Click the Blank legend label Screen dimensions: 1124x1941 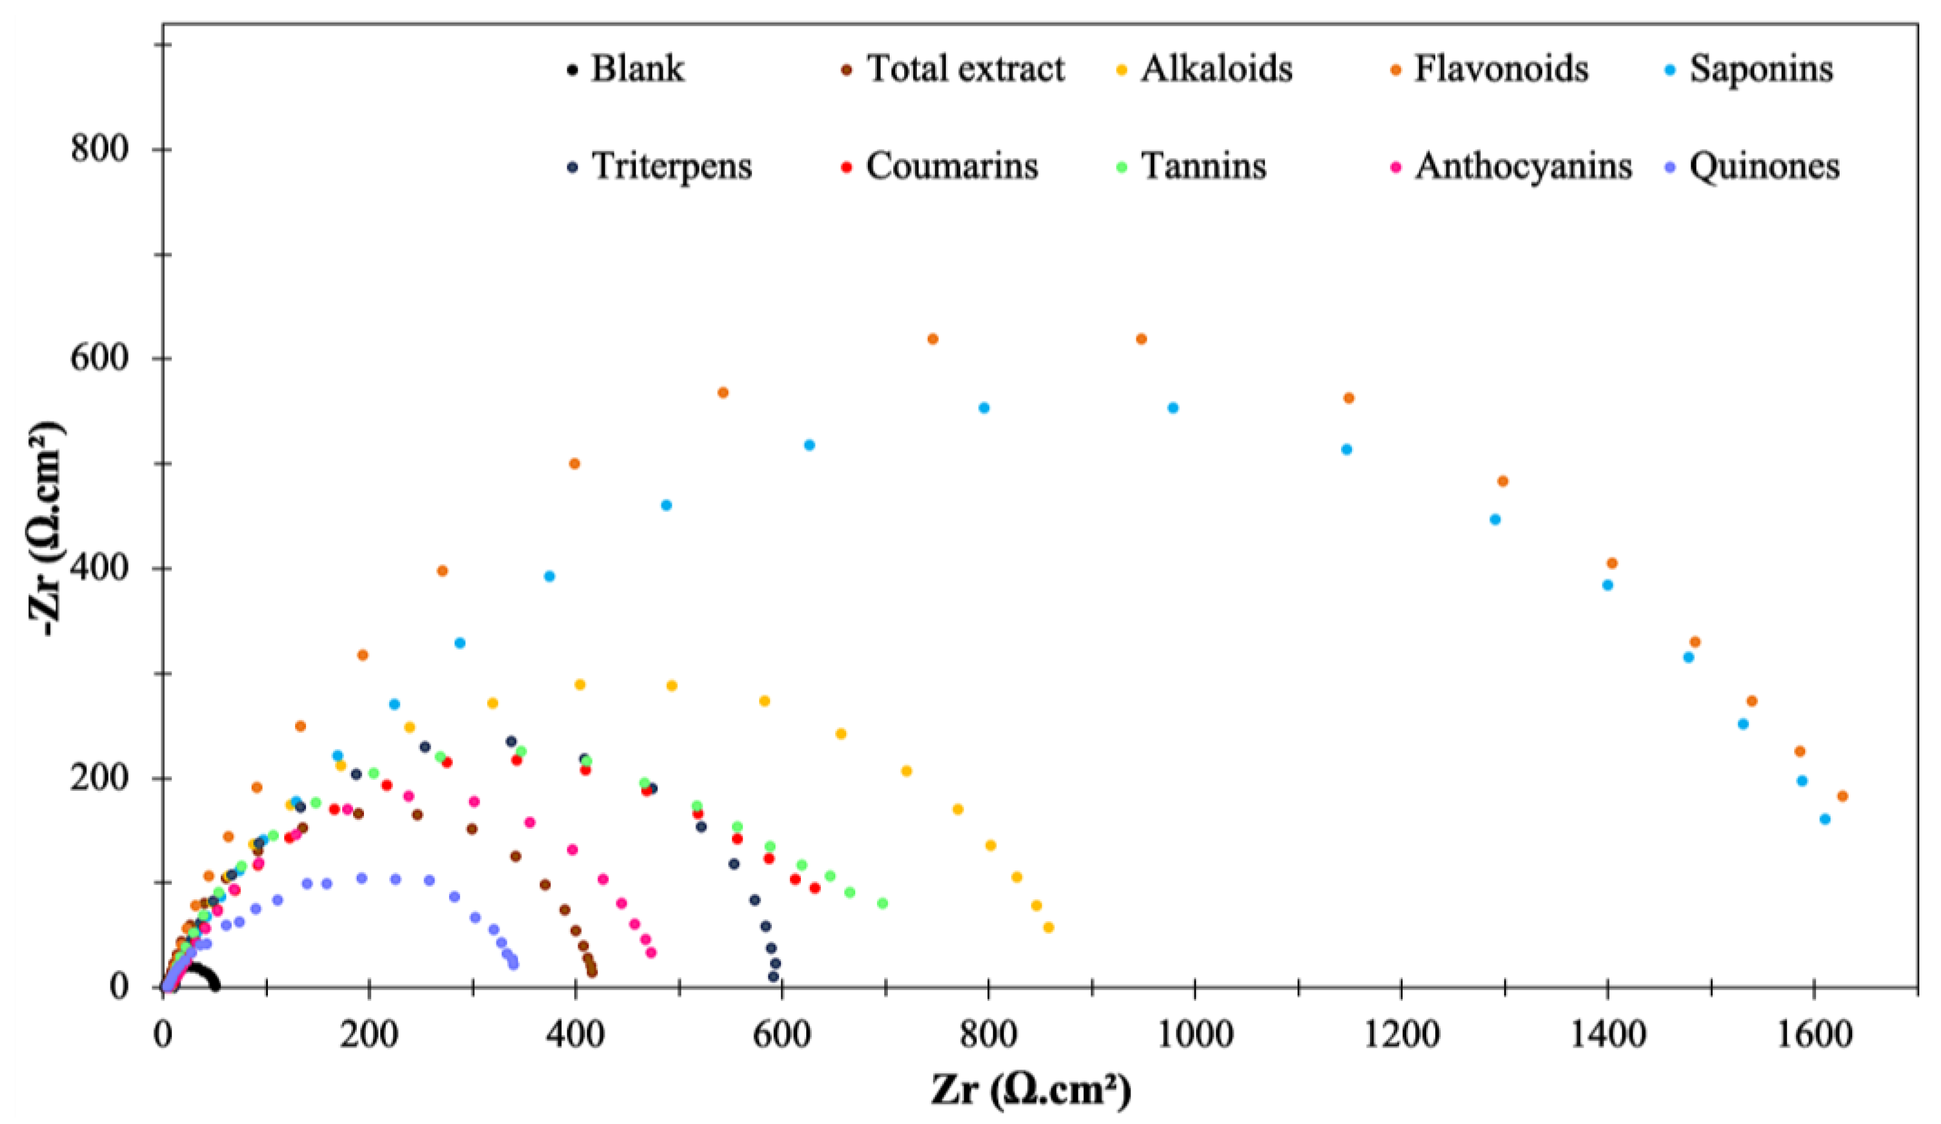636,69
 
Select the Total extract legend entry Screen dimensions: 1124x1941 964,69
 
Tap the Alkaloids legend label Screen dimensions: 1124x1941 1216,69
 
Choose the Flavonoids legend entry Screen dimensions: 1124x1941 1500,69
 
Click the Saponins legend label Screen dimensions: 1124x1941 1761,69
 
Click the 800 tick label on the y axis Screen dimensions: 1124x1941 100,148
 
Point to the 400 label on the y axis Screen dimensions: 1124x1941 100,569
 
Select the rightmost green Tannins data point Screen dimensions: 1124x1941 883,903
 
